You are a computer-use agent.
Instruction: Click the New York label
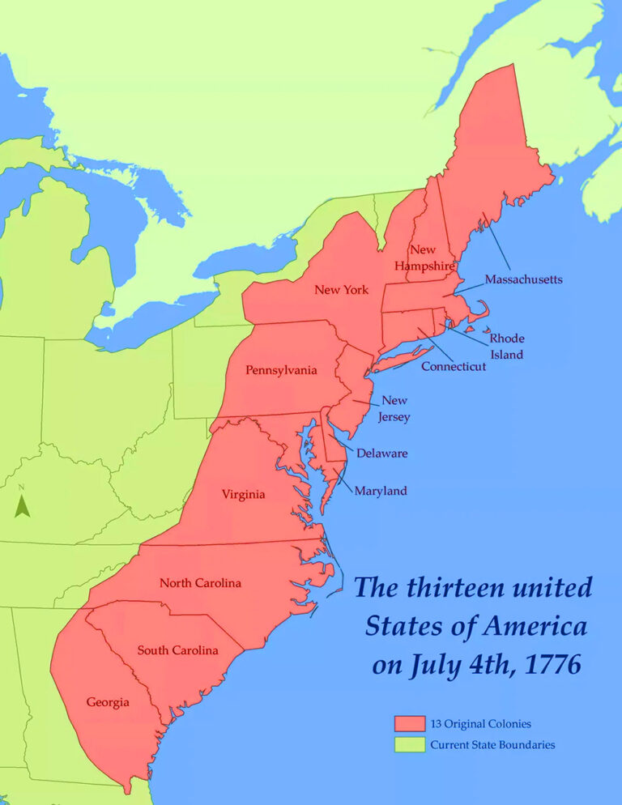(341, 290)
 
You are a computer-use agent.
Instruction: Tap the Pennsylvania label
(281, 370)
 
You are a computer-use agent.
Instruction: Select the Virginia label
(244, 494)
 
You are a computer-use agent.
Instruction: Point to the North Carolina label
(200, 583)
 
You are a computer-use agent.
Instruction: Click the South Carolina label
(177, 650)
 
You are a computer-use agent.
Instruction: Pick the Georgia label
(108, 702)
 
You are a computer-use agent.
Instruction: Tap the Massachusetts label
(523, 279)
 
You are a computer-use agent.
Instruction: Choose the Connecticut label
(454, 367)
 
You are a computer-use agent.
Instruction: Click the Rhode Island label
(506, 346)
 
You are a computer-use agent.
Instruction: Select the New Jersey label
(395, 409)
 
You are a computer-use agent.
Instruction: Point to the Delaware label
(381, 454)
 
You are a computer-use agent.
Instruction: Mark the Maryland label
(381, 491)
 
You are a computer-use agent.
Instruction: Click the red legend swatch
(410, 723)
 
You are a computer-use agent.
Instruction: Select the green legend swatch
(410, 744)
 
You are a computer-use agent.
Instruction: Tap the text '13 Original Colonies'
(480, 723)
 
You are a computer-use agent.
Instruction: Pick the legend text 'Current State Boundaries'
(492, 744)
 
